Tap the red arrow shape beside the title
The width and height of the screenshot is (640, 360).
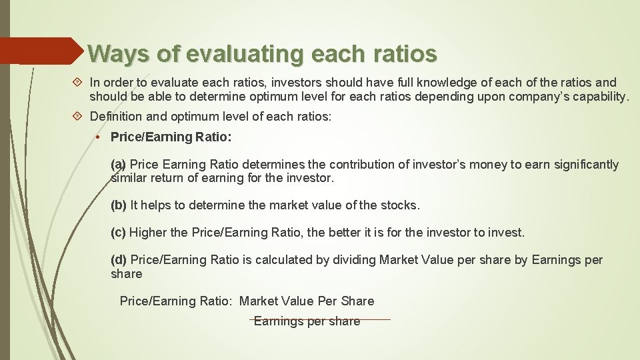[40, 51]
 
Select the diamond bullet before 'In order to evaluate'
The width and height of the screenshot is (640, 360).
[78, 83]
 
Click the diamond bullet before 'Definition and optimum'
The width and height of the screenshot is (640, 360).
[78, 117]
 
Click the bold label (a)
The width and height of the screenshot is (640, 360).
[118, 165]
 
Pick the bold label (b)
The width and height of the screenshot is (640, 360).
[119, 205]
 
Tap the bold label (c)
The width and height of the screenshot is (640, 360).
[118, 233]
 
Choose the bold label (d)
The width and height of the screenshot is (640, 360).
[119, 260]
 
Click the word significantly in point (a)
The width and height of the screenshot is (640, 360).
[580, 165]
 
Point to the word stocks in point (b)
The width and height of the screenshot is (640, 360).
[399, 205]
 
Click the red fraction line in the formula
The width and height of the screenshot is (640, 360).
[320, 319]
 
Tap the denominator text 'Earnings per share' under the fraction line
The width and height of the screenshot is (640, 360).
[307, 322]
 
